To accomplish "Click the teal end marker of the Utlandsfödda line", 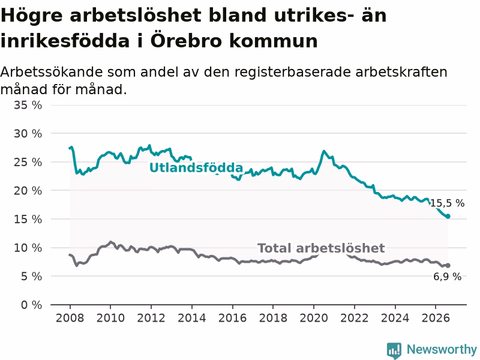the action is click(x=448, y=217).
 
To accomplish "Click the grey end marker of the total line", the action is click(x=448, y=265).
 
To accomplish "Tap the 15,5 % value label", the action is click(x=447, y=203).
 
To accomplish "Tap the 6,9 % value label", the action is click(x=447, y=277).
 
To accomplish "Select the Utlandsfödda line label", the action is click(x=196, y=167).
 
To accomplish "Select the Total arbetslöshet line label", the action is click(x=321, y=248).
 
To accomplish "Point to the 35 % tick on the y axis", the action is click(x=28, y=105).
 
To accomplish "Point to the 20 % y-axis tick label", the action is click(x=28, y=191).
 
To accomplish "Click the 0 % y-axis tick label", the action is click(x=32, y=305).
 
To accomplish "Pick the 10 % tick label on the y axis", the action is click(x=28, y=248).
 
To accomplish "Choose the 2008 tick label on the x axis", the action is click(x=70, y=318).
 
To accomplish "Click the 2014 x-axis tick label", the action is click(x=191, y=318).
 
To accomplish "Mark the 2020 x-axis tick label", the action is click(x=314, y=318).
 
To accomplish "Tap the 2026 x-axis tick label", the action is click(x=436, y=318).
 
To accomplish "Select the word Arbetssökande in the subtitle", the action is click(x=52, y=72).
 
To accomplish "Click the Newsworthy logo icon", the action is click(x=394, y=350).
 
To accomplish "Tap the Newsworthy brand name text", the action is click(x=442, y=349).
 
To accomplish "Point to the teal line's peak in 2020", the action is click(x=323, y=151).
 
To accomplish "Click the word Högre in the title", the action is click(x=32, y=16).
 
